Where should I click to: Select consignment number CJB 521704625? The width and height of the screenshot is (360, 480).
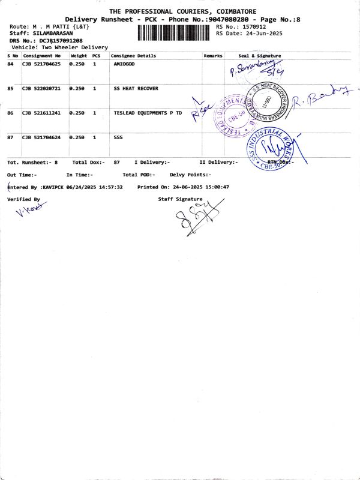pyautogui.click(x=41, y=64)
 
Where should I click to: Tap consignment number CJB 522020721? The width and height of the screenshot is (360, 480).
pyautogui.click(x=41, y=88)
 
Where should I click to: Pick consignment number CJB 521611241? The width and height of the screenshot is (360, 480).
pyautogui.click(x=41, y=113)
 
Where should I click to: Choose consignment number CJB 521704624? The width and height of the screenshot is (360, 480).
pyautogui.click(x=41, y=137)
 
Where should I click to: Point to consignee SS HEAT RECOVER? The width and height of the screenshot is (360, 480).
pyautogui.click(x=136, y=88)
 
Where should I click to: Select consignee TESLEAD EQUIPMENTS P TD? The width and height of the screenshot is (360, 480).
pyautogui.click(x=148, y=113)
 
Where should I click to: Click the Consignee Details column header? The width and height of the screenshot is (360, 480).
pyautogui.click(x=133, y=56)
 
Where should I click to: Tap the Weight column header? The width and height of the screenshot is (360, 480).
pyautogui.click(x=79, y=56)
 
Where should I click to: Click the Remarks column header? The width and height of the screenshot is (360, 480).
pyautogui.click(x=213, y=56)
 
